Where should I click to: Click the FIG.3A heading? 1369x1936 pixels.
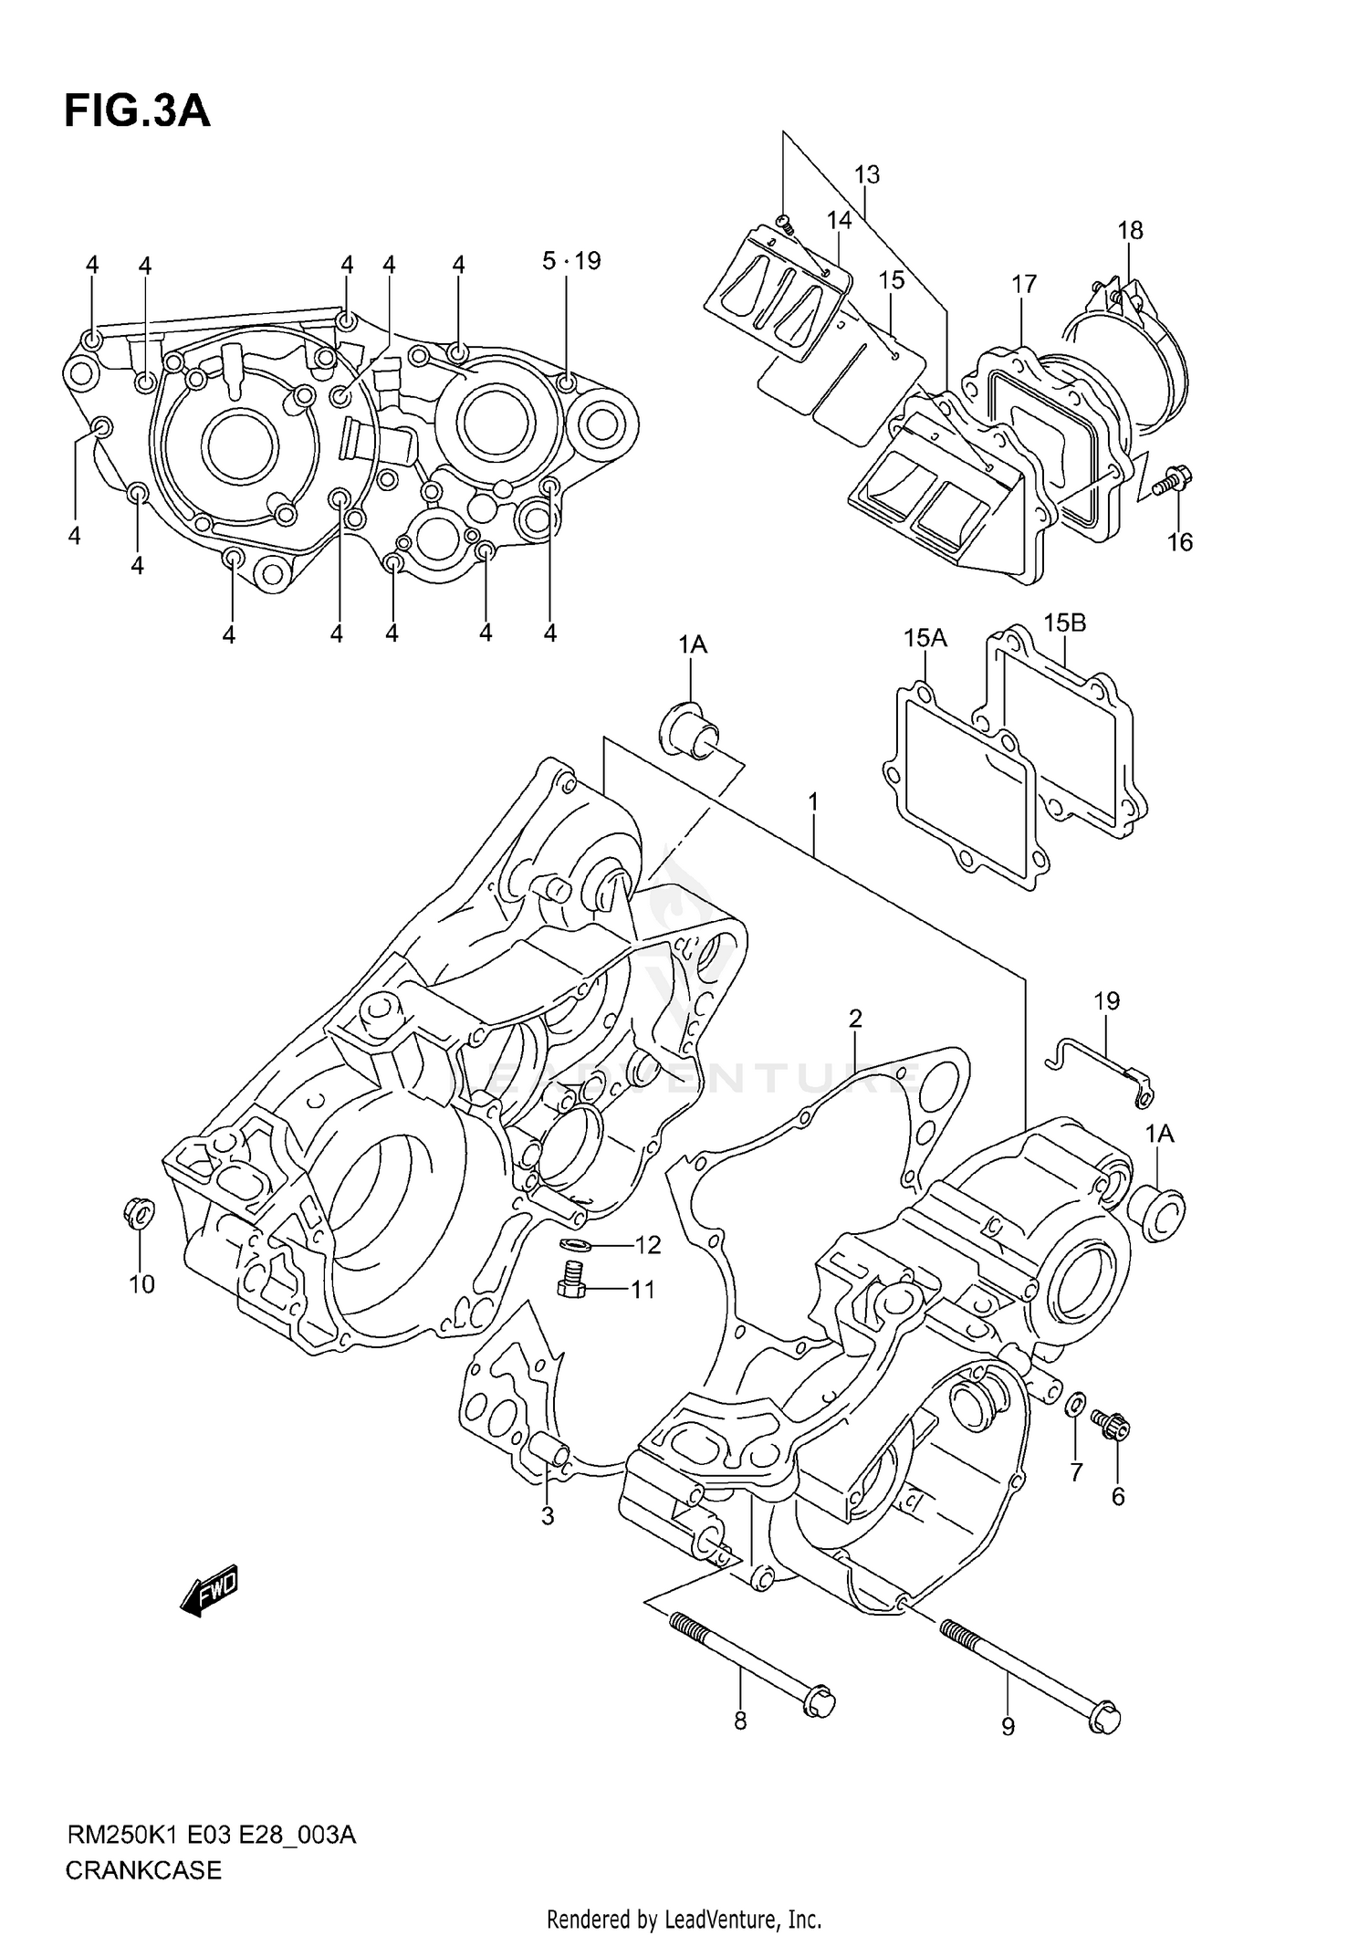click(137, 110)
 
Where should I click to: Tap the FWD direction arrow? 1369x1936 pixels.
click(210, 1592)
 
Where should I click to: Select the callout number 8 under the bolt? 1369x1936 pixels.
click(740, 1721)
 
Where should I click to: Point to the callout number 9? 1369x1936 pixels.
click(1008, 1727)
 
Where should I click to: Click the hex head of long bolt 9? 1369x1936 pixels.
click(1105, 1717)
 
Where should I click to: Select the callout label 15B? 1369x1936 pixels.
click(1064, 623)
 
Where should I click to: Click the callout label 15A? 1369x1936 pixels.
click(925, 638)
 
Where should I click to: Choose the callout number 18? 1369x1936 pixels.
click(1130, 230)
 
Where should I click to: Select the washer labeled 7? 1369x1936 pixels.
click(1076, 1427)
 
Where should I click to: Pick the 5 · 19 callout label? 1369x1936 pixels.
click(571, 261)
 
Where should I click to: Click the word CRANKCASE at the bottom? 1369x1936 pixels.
click(143, 1870)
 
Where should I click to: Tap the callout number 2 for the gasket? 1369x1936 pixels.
click(855, 1018)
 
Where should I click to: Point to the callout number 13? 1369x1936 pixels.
click(867, 174)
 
